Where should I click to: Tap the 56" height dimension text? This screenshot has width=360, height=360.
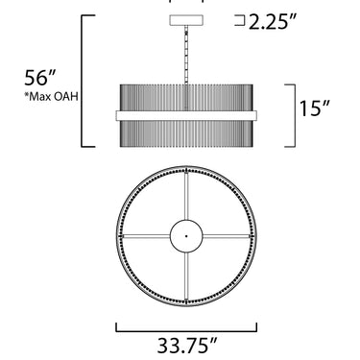(x=40, y=78)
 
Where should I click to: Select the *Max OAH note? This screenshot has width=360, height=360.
(x=52, y=97)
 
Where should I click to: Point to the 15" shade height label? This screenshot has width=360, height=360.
(x=315, y=108)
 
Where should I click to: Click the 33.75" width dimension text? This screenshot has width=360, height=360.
(x=187, y=346)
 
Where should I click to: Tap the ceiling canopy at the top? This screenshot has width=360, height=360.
(x=186, y=20)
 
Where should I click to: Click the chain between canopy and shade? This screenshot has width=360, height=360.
(x=186, y=55)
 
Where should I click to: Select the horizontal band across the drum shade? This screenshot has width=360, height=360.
(x=186, y=115)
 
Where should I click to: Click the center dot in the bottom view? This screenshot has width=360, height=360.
(x=186, y=236)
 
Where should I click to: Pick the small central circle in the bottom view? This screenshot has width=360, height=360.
(x=186, y=220)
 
